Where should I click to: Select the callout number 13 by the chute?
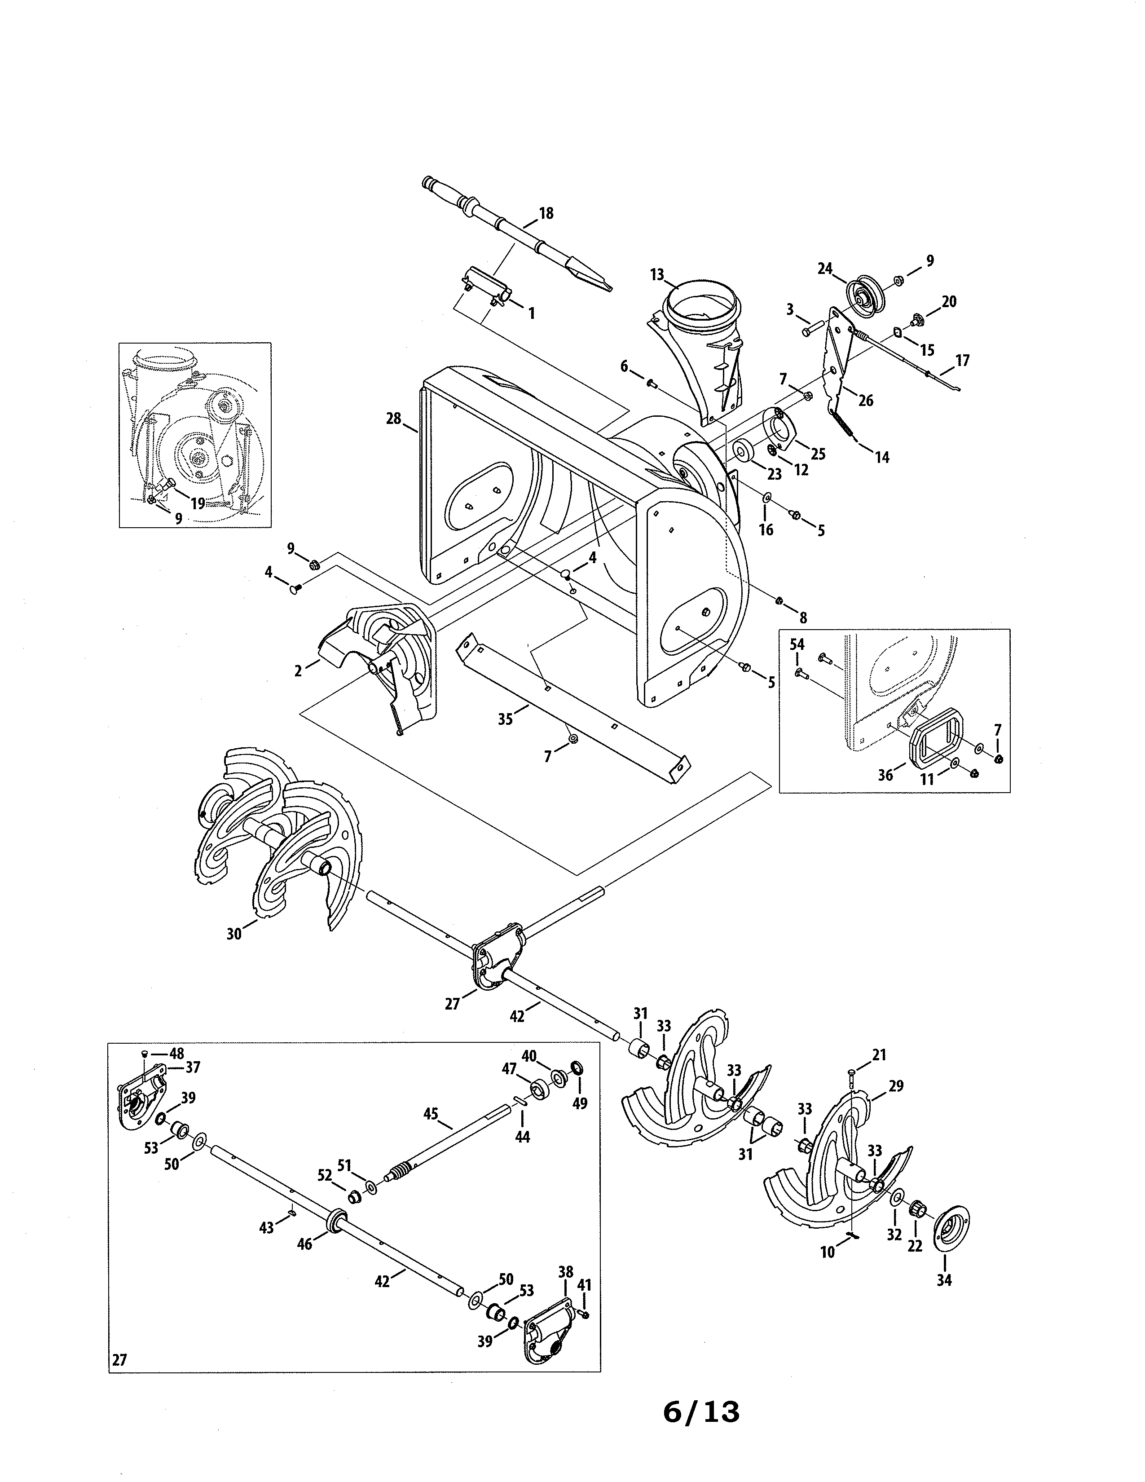tap(656, 275)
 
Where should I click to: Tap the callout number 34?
tap(943, 1280)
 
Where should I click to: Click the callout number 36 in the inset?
tap(885, 775)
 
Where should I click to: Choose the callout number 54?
tap(797, 644)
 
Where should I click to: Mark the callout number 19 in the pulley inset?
tap(198, 503)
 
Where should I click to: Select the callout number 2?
tap(298, 671)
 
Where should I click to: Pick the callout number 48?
tap(176, 1053)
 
